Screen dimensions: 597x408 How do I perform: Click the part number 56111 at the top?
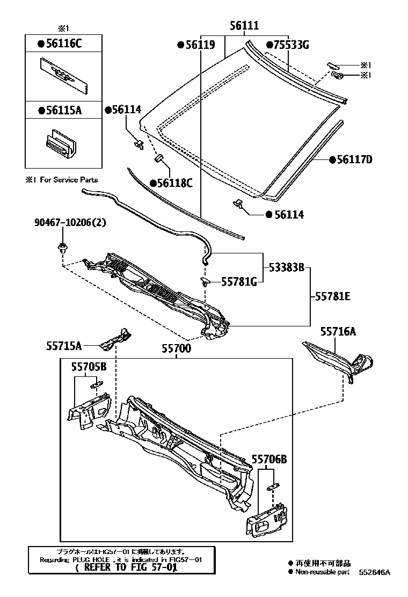(244, 26)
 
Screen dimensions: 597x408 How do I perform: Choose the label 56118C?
(173, 183)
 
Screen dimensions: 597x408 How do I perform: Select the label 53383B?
(286, 267)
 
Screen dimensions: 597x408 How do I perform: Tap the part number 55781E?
(333, 295)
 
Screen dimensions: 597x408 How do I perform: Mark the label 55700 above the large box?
(176, 348)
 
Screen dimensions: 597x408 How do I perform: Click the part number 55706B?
(269, 459)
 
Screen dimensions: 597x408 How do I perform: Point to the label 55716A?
(338, 332)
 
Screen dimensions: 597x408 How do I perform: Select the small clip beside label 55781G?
(205, 281)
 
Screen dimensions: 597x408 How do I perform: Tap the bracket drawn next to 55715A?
(118, 337)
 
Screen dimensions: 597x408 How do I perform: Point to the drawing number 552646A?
(375, 572)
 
